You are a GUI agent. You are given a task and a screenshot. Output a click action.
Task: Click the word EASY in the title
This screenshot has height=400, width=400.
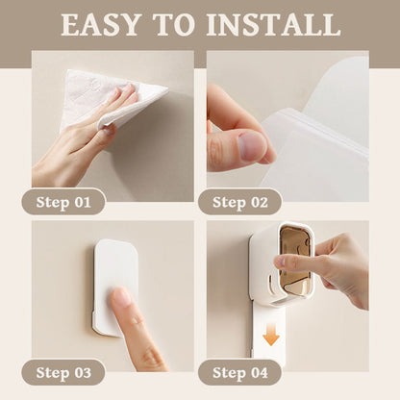[x=101, y=25]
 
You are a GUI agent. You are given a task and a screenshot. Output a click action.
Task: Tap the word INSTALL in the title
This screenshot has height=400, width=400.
[x=273, y=25]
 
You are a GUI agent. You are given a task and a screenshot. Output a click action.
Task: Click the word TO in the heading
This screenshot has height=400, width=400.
[x=174, y=25]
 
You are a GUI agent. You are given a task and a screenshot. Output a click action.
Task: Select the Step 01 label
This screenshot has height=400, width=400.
[x=63, y=202]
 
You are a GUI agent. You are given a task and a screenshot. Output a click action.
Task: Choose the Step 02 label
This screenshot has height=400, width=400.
[x=240, y=202]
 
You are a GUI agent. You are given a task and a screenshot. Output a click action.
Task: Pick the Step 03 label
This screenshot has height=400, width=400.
[x=63, y=372]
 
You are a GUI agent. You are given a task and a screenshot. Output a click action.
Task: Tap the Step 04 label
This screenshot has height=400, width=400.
[x=240, y=372]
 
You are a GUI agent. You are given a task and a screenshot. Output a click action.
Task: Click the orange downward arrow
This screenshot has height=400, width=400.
[x=271, y=334]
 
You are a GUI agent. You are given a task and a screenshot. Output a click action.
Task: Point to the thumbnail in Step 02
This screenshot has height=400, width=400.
[x=253, y=146]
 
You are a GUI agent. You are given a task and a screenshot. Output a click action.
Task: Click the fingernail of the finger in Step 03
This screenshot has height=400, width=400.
[x=121, y=296]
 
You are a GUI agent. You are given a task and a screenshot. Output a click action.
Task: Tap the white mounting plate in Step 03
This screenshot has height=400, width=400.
[x=114, y=287]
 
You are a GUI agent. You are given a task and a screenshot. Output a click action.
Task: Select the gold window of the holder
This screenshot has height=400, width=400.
[x=295, y=259]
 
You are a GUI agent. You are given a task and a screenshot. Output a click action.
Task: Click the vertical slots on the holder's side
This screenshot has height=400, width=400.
[x=272, y=284]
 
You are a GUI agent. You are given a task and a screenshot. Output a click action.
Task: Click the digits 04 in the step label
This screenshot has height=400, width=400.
[x=259, y=372]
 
